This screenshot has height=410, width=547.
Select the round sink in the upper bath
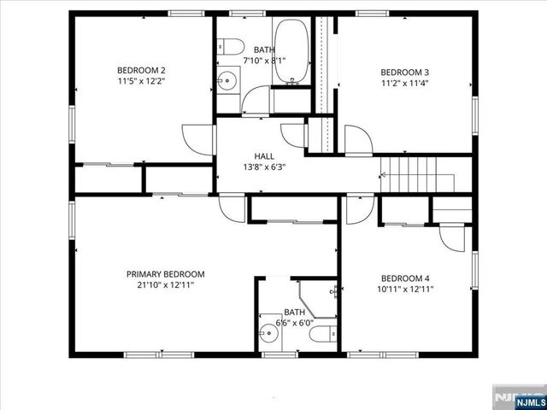pyautogui.click(x=226, y=83)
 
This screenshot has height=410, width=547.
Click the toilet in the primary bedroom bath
pyautogui.click(x=319, y=334)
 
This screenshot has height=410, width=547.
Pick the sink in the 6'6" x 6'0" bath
pyautogui.click(x=268, y=325)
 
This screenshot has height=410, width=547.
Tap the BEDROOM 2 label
pyautogui.click(x=141, y=71)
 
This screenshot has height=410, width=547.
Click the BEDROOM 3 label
pyautogui.click(x=404, y=72)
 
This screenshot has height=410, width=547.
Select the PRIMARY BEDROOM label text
pyautogui.click(x=166, y=274)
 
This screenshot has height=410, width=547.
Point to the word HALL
pyautogui.click(x=264, y=156)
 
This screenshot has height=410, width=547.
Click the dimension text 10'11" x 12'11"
pyautogui.click(x=405, y=290)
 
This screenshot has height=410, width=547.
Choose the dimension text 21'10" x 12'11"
pyautogui.click(x=166, y=285)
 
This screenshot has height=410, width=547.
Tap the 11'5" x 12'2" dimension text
pyautogui.click(x=141, y=82)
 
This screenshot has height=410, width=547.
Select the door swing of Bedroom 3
pyautogui.click(x=357, y=139)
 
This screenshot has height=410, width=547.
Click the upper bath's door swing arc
pyautogui.click(x=255, y=100)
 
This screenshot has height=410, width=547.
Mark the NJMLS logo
pyautogui.click(x=518, y=398)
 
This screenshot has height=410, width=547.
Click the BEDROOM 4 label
pyautogui.click(x=405, y=278)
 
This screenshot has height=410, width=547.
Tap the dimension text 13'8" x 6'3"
pyautogui.click(x=264, y=167)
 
